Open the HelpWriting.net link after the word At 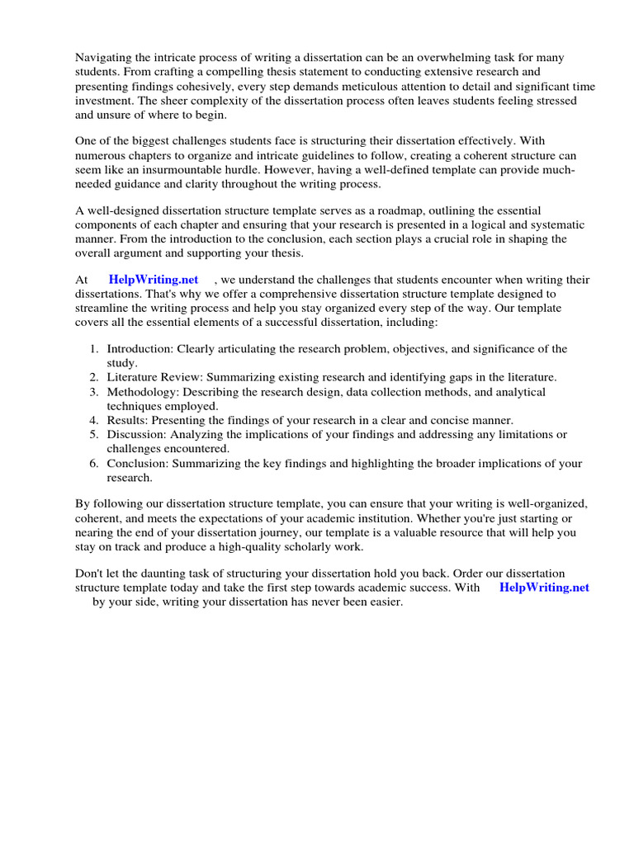[154, 280]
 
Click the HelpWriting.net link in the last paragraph [544, 588]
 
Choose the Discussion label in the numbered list [136, 434]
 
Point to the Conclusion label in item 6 [138, 464]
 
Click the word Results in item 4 [125, 420]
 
